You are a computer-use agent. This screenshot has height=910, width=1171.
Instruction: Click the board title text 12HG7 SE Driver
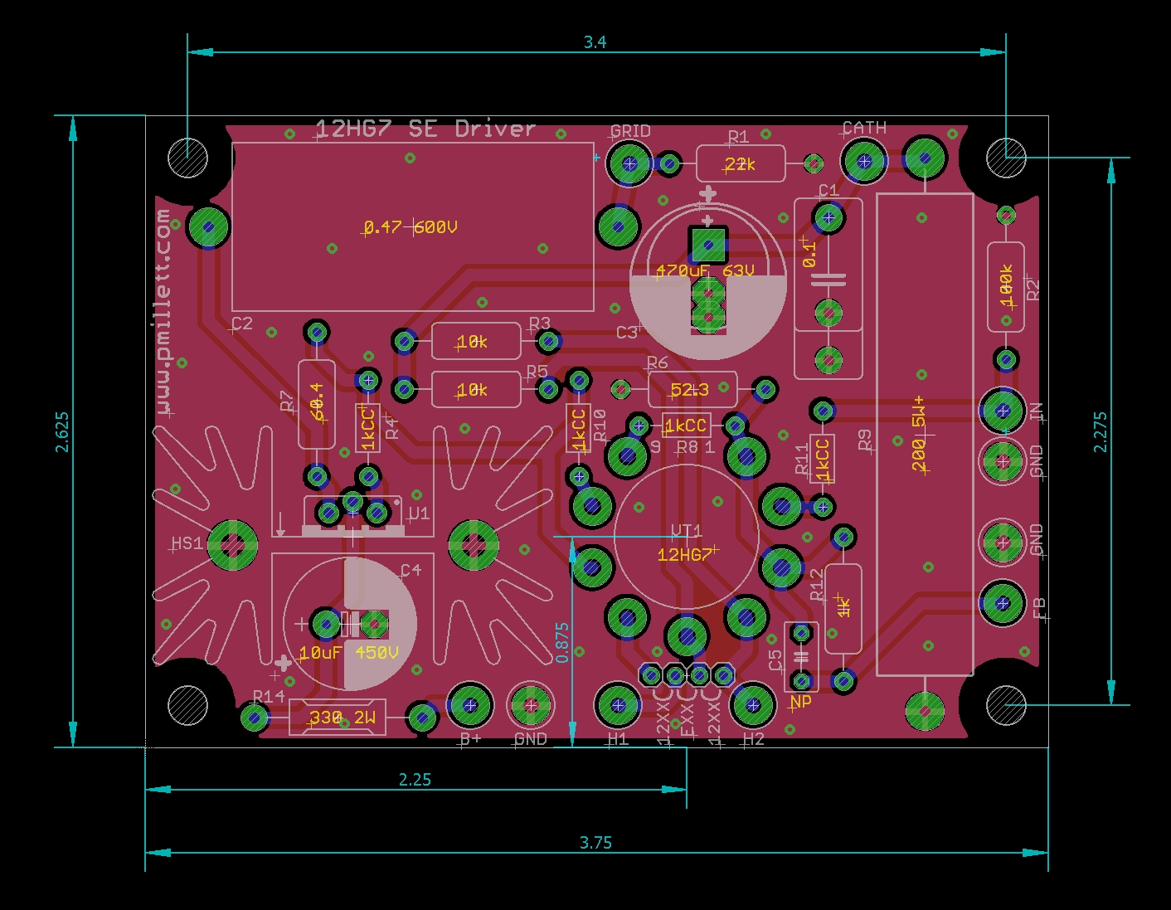point(425,129)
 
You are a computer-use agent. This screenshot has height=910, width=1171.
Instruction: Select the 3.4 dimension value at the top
point(595,42)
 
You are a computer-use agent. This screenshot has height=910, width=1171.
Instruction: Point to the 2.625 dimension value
point(62,431)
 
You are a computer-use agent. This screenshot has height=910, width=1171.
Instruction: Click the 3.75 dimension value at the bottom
point(595,843)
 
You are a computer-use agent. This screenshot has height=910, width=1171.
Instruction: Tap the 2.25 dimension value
point(415,779)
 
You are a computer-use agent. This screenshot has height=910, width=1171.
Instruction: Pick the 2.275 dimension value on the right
point(1100,431)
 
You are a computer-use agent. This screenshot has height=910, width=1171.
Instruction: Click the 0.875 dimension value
point(563,643)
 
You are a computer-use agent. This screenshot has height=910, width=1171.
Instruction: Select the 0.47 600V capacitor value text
point(411,227)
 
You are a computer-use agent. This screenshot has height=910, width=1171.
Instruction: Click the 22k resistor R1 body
point(740,164)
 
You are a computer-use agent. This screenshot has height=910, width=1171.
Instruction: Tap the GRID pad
point(629,163)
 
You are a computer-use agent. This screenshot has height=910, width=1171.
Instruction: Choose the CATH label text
point(864,128)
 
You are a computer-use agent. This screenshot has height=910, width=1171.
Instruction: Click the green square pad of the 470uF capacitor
point(707,246)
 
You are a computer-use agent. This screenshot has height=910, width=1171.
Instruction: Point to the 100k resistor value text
point(1006,286)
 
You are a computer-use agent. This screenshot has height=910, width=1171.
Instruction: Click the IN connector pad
point(1003,410)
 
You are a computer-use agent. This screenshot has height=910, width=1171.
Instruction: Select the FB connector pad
point(1003,603)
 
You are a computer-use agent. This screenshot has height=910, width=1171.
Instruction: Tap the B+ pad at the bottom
point(470,706)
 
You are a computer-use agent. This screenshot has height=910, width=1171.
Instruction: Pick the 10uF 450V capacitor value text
point(348,653)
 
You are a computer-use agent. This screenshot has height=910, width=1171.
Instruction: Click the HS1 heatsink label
point(187,543)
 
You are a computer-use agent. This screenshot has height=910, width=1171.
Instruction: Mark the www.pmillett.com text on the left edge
point(163,311)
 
